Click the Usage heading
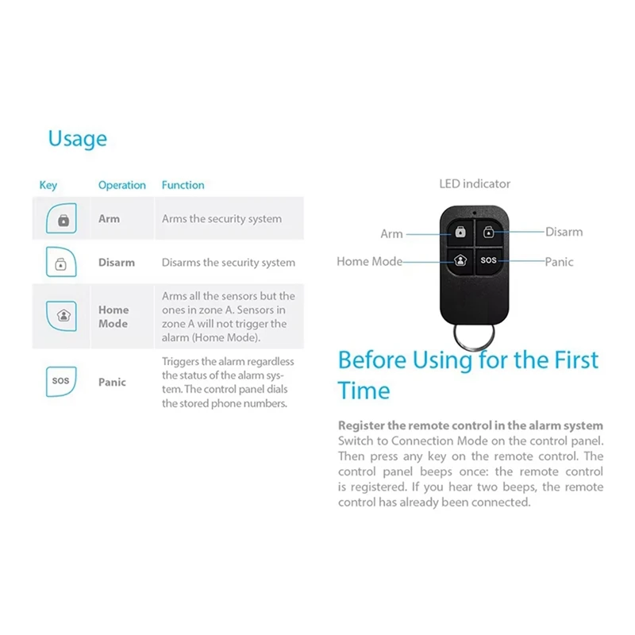(x=77, y=138)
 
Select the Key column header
(x=48, y=185)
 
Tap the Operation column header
(x=121, y=185)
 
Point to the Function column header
(x=183, y=185)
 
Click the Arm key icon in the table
(x=63, y=219)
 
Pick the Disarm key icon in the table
(x=61, y=263)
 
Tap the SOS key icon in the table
(x=61, y=381)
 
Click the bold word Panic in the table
(x=112, y=382)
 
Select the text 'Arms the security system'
(x=221, y=219)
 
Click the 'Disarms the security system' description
(x=228, y=263)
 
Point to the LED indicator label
(x=475, y=184)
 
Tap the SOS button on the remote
(x=488, y=260)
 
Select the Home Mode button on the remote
(x=459, y=260)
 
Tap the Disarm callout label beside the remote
(x=564, y=232)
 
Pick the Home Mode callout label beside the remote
(x=368, y=261)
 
